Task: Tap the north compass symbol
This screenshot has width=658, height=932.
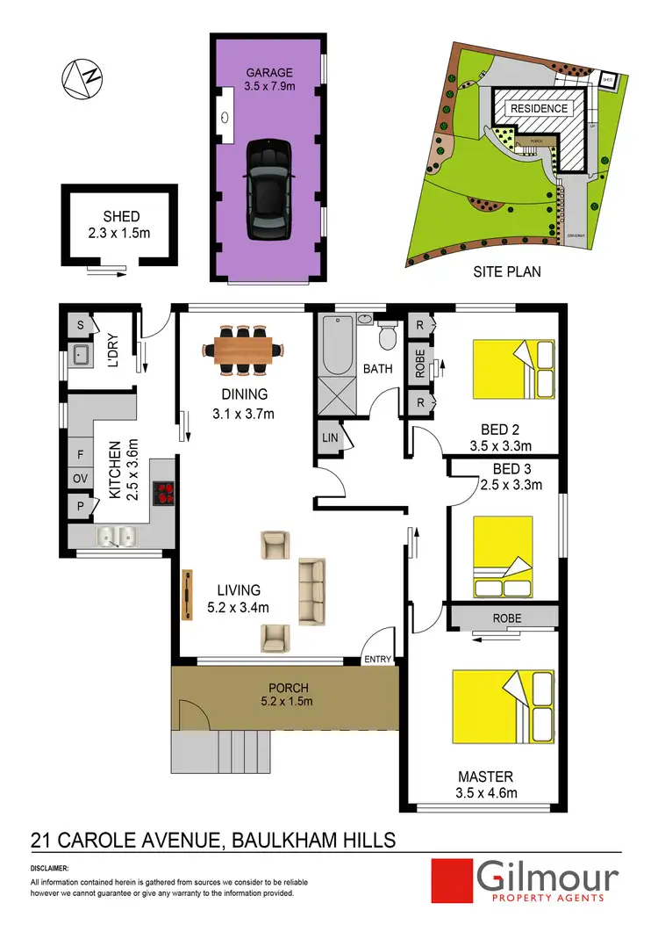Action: (79, 78)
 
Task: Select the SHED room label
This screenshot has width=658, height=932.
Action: (121, 217)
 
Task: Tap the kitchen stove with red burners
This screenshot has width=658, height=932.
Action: (165, 495)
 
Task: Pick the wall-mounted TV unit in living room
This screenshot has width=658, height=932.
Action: (187, 596)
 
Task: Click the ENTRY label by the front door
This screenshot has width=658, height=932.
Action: (379, 658)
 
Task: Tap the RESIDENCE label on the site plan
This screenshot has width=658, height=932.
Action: (540, 109)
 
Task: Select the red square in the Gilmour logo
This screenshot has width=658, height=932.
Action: (453, 880)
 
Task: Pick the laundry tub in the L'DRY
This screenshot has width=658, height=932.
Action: (82, 356)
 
